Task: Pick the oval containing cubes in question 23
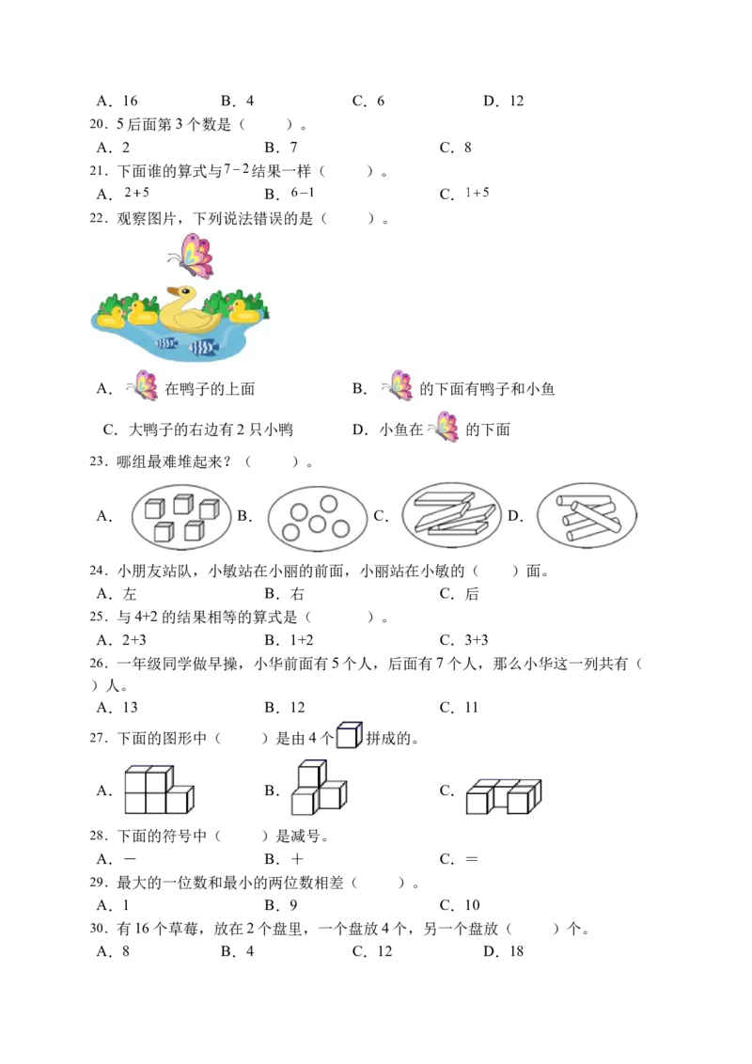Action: point(181,517)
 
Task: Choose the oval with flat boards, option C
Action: point(451,515)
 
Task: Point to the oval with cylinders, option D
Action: point(587,516)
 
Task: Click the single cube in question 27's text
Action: point(350,735)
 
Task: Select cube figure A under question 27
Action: point(159,790)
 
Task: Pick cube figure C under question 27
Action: point(504,796)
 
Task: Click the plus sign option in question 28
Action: point(297,859)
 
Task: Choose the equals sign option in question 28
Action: point(472,859)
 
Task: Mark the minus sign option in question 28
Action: point(130,859)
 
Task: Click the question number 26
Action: point(98,663)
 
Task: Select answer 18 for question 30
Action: point(516,951)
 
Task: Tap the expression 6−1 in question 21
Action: point(303,193)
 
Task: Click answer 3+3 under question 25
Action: point(477,640)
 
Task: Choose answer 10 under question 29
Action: point(473,905)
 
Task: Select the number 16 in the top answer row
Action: point(131,102)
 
